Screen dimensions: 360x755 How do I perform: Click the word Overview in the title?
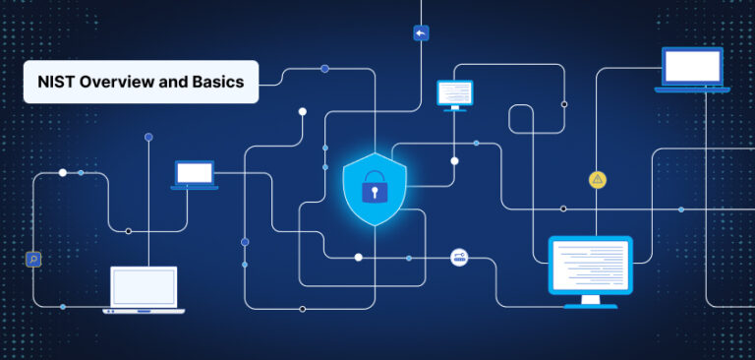pyautogui.click(x=113, y=82)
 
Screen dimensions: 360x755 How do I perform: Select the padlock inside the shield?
pyautogui.click(x=374, y=188)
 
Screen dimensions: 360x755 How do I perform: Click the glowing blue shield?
pyautogui.click(x=374, y=187)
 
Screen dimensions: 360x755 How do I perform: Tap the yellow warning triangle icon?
pyautogui.click(x=597, y=179)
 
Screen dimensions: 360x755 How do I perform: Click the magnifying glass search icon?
pyautogui.click(x=33, y=259)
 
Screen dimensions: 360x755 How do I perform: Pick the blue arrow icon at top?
pyautogui.click(x=421, y=32)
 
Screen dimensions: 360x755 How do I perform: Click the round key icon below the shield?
pyautogui.click(x=459, y=258)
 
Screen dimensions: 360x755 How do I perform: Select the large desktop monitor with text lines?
pyautogui.click(x=590, y=264)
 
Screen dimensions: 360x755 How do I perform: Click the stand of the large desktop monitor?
pyautogui.click(x=590, y=300)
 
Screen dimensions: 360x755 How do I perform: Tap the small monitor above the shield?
pyautogui.click(x=454, y=92)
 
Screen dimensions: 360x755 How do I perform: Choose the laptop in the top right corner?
pyautogui.click(x=692, y=70)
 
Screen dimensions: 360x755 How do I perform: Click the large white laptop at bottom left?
pyautogui.click(x=144, y=289)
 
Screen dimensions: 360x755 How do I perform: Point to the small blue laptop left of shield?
pyautogui.click(x=195, y=175)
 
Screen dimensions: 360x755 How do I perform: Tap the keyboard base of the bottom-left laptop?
pyautogui.click(x=144, y=311)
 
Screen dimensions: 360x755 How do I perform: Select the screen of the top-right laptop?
pyautogui.click(x=692, y=65)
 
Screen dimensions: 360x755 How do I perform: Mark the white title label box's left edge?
pyautogui.click(x=26, y=82)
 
